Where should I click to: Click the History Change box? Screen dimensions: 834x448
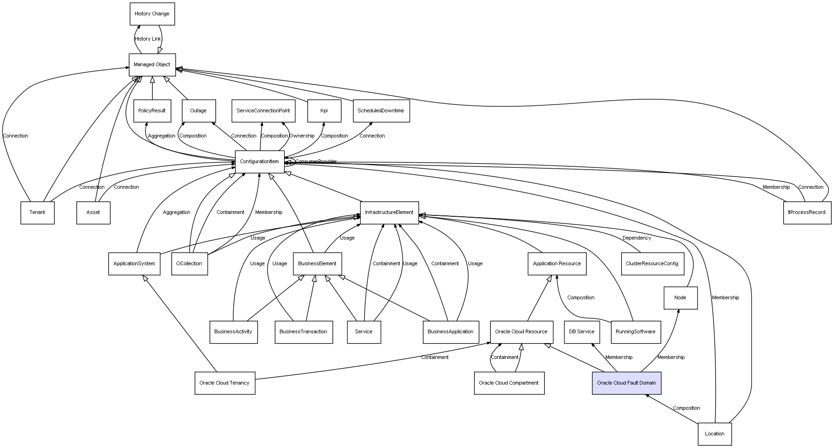coord(152,14)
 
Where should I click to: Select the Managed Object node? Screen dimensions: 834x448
coord(152,65)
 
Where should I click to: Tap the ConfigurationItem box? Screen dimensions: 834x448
coord(259,162)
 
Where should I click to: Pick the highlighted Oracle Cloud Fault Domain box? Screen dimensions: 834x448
coord(626,383)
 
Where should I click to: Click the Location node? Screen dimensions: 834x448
coord(714,434)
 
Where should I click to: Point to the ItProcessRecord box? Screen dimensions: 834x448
coord(807,213)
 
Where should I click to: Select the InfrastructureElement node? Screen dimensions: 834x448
coord(389,213)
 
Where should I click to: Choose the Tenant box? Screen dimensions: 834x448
coord(37,213)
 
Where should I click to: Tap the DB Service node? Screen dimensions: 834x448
coord(582,332)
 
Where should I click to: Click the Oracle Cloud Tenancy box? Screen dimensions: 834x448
coord(224,383)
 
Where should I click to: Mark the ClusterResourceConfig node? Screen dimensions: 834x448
coord(652,264)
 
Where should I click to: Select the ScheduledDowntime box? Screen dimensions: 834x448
coord(381,111)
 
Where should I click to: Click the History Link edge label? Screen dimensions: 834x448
coord(148,39)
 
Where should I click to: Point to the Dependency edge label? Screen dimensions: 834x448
coord(637,238)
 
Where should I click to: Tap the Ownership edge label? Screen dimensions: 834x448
coord(302,136)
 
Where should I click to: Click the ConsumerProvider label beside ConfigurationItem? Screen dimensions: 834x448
coord(316,162)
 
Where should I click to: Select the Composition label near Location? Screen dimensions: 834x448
coord(686,408)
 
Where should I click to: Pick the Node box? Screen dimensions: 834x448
coord(680,298)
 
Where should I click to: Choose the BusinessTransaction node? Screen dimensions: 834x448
coord(304,332)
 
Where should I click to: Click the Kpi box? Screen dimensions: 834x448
coord(324,111)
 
